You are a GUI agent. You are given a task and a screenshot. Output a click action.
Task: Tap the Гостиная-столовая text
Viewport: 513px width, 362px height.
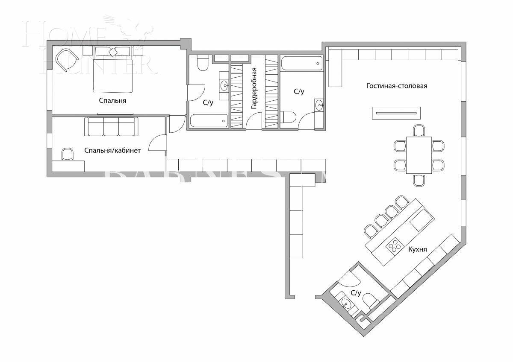(397, 86)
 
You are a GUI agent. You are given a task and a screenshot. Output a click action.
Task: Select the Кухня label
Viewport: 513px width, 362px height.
(417, 249)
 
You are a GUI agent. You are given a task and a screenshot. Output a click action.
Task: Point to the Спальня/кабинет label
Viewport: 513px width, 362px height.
(112, 150)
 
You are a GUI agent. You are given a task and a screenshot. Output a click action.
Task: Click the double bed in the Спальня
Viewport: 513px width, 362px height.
(113, 70)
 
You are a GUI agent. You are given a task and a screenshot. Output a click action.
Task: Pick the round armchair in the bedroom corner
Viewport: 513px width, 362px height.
(67, 59)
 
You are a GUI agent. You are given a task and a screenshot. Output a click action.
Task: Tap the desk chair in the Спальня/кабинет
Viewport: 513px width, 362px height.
(67, 154)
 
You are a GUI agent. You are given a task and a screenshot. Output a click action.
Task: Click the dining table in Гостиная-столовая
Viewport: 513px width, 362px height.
(419, 155)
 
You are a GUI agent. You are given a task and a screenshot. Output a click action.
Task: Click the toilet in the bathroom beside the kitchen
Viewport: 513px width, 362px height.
(370, 301)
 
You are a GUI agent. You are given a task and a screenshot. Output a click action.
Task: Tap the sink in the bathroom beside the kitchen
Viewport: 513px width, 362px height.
(346, 304)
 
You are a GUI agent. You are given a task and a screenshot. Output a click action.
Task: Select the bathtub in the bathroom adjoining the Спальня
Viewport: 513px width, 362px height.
(209, 121)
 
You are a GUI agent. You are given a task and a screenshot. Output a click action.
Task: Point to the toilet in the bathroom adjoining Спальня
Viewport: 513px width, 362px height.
(202, 63)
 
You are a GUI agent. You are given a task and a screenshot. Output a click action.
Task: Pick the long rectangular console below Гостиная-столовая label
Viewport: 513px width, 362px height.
(396, 113)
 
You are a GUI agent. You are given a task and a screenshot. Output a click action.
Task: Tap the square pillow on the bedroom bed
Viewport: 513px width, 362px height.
(113, 52)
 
